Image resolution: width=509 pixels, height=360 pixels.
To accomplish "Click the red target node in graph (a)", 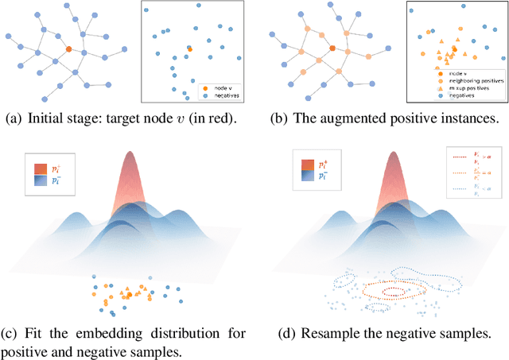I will pyautogui.click(x=68, y=50).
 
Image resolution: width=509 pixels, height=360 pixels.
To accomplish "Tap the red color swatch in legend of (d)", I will pyautogui.click(x=309, y=167).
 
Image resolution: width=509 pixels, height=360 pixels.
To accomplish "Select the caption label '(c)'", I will pyautogui.click(x=14, y=331).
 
